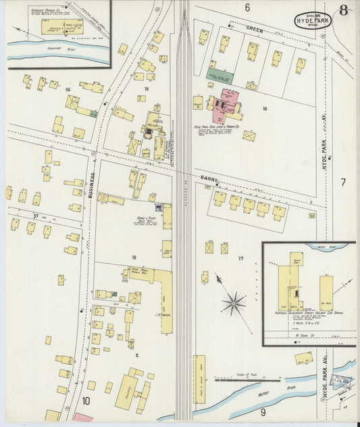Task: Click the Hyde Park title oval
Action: [313, 20]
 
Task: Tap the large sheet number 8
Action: [344, 10]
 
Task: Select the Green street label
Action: [254, 29]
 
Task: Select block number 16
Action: [265, 108]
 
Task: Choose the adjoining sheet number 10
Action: [86, 401]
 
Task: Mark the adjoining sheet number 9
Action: [263, 411]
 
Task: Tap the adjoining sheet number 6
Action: [247, 7]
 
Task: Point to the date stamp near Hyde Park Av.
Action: [344, 382]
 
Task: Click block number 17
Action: [240, 258]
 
